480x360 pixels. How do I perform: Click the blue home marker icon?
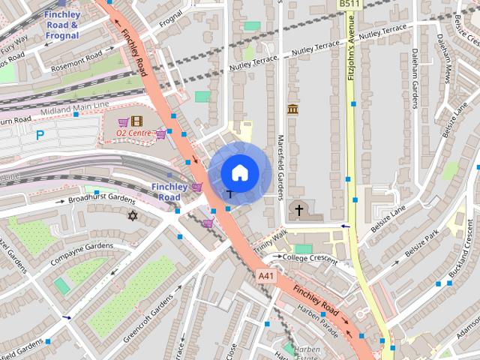239,172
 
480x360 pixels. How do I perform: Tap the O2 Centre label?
133,133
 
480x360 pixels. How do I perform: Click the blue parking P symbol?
40,136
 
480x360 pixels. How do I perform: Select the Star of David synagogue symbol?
133,216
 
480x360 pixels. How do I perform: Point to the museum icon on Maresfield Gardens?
292,110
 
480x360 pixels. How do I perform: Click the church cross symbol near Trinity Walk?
298,209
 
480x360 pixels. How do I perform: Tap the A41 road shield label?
265,276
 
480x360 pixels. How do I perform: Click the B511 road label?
347,4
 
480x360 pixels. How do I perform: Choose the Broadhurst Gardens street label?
101,199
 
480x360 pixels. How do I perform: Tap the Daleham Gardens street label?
413,90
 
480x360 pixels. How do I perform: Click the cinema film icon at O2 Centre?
136,120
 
